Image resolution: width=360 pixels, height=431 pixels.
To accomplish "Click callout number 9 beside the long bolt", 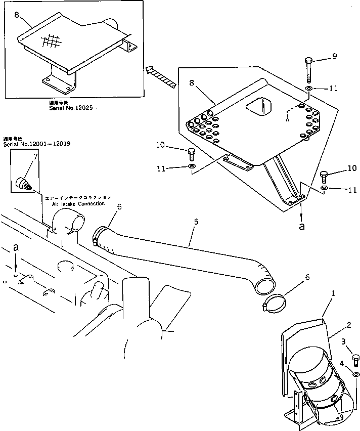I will pyautogui.click(x=334, y=57).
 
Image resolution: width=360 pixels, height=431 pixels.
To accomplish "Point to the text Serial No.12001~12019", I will pyautogui.click(x=36, y=144).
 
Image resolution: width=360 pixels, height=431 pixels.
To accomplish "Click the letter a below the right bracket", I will pyautogui.click(x=302, y=227).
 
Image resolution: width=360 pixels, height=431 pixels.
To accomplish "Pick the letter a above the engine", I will pyautogui.click(x=17, y=248).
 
